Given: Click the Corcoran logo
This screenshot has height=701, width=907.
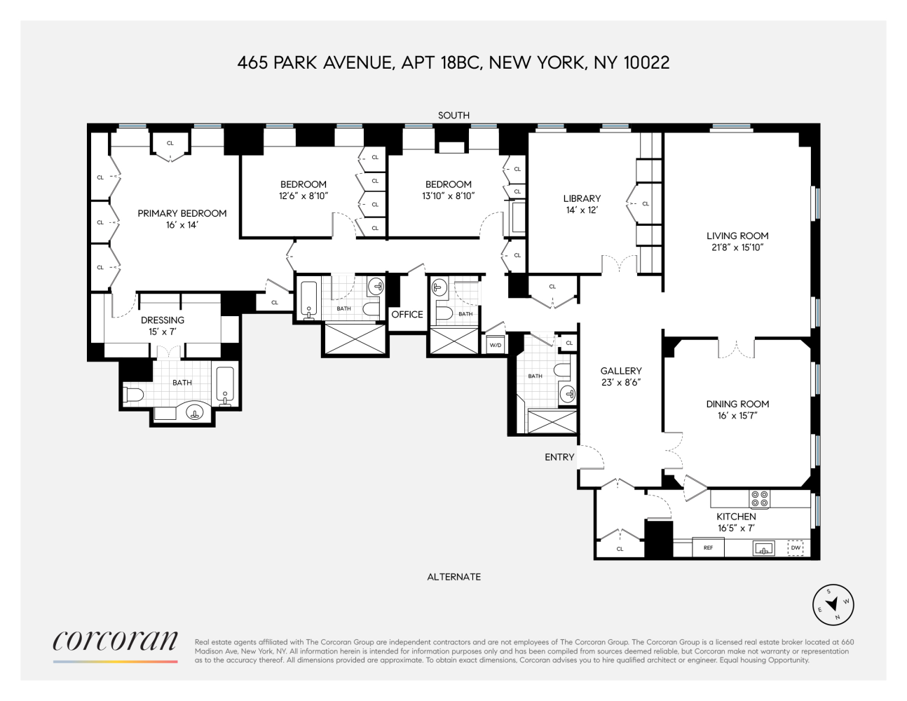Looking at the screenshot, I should (116, 641).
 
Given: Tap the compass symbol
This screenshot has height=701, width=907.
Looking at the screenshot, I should (833, 604).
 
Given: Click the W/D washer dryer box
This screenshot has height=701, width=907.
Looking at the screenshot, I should (496, 345).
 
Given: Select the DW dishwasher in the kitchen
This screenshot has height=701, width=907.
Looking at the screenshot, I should (796, 547).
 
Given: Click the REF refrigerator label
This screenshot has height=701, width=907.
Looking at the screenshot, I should (708, 547).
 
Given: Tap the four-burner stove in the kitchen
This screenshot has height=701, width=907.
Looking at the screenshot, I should (760, 499).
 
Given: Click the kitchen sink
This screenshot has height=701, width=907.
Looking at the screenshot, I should (764, 548).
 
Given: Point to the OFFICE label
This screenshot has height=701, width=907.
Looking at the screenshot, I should (407, 314).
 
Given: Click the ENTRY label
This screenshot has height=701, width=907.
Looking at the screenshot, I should (559, 457).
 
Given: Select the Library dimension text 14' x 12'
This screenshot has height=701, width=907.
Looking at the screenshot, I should (582, 210).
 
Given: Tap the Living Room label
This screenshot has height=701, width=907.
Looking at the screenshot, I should (737, 236).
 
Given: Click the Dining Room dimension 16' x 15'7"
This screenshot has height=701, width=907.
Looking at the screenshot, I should (737, 416).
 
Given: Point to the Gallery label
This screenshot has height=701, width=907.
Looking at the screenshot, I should (621, 371).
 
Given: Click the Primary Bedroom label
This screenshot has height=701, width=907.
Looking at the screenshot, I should (182, 213).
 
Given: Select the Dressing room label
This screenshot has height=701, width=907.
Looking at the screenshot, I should (163, 320).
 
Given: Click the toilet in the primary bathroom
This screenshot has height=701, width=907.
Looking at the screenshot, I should (133, 395).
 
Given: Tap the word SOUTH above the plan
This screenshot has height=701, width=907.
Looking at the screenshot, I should (453, 115).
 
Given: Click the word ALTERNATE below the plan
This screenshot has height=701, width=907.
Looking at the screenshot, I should (453, 577).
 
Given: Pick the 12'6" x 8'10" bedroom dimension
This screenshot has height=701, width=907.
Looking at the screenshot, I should (304, 196).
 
